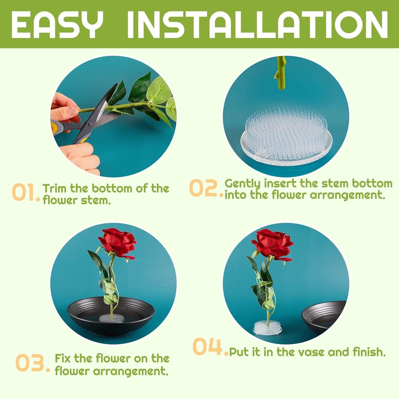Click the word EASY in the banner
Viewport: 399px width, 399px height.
point(57,25)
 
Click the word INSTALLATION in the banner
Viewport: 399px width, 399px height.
point(257,25)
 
